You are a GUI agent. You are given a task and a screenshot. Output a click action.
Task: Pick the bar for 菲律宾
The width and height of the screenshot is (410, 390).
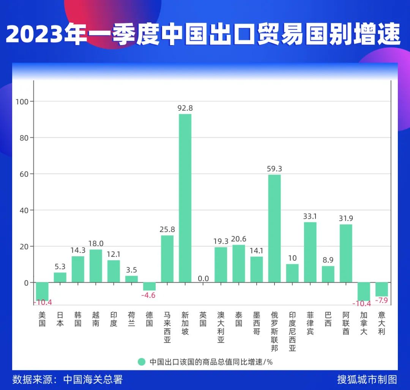(310, 252)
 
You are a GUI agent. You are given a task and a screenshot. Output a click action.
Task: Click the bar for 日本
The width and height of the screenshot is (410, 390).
(60, 277)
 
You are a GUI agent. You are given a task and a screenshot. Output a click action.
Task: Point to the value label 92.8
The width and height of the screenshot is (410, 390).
(185, 108)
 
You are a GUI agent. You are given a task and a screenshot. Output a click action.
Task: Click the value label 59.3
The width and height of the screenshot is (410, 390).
(274, 169)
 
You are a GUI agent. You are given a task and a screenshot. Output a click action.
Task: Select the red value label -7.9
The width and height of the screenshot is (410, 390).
(382, 301)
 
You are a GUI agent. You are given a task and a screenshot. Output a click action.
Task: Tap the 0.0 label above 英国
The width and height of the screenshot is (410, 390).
(203, 278)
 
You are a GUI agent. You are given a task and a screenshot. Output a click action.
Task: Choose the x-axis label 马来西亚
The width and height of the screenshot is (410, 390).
(167, 327)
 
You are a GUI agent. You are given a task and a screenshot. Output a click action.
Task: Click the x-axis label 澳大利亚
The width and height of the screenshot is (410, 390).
(221, 327)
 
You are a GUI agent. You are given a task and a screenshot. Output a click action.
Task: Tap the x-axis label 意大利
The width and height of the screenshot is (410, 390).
(382, 323)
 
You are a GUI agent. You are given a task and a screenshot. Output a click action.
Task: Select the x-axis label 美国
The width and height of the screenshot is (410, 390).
(42, 319)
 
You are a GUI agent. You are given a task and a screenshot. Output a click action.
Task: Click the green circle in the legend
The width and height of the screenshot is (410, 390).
(142, 362)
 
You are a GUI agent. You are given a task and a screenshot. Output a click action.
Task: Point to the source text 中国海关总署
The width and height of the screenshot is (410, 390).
(93, 379)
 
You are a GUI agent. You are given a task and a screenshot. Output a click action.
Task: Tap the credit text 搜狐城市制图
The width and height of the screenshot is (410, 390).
(367, 379)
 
